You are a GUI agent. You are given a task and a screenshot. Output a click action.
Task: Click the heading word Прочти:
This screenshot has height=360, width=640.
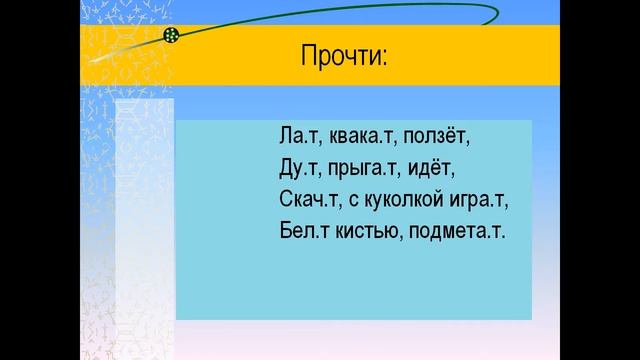[343, 57]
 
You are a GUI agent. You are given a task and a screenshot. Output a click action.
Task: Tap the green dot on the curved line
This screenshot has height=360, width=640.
[171, 36]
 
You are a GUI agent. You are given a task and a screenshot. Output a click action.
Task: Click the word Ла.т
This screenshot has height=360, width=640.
[298, 133]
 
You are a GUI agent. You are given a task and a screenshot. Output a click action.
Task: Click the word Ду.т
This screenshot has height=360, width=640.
[298, 166]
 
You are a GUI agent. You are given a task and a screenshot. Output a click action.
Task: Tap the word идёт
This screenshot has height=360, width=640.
[434, 166]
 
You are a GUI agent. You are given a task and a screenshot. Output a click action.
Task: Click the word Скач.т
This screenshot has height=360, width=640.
[307, 199]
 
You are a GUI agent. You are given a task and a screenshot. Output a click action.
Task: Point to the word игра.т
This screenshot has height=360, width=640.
[476, 200]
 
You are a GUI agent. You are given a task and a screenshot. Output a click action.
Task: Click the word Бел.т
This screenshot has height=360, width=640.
[301, 232]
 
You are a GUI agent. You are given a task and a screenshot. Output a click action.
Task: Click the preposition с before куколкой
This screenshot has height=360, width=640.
[350, 200]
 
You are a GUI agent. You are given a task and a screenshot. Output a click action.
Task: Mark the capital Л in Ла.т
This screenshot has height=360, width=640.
[288, 133]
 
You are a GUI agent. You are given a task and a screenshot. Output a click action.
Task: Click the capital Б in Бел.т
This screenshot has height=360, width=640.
[287, 232]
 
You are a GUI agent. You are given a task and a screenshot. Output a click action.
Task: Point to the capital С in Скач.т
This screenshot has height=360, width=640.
[287, 199]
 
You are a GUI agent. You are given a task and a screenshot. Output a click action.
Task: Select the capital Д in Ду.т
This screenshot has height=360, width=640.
[288, 166]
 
